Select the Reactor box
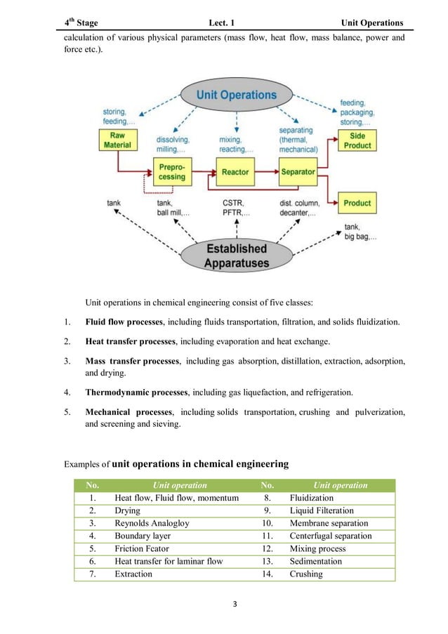(x=235, y=172)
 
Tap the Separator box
(x=298, y=172)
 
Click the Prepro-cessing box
(x=171, y=172)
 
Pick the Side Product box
(x=357, y=140)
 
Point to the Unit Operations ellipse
(x=236, y=95)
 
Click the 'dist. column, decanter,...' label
(x=301, y=209)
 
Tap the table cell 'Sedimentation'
(x=315, y=562)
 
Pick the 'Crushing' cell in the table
(x=306, y=574)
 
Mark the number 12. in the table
(x=267, y=549)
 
